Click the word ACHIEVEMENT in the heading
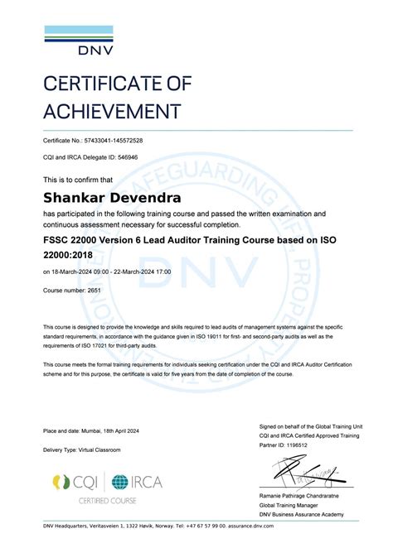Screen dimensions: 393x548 coord(111,111)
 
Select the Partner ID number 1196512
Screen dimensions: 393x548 coord(298,444)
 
